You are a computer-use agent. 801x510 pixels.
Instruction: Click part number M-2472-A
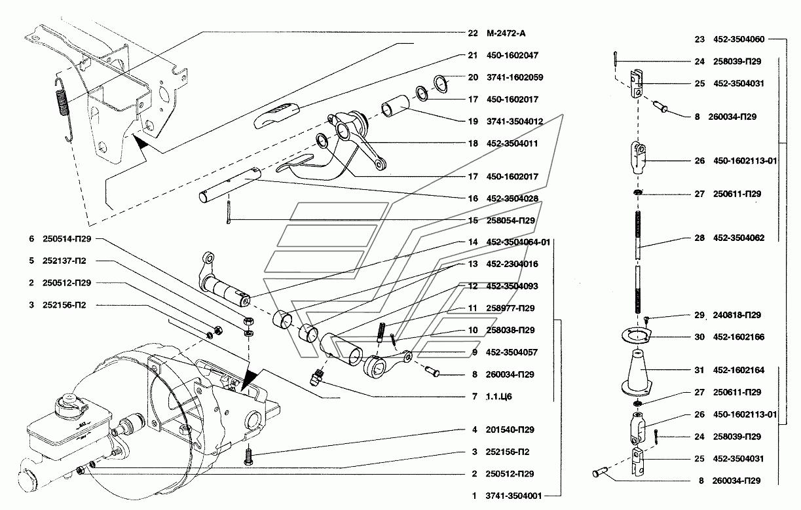coord(506,33)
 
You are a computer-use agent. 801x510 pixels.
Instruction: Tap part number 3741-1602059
coord(515,77)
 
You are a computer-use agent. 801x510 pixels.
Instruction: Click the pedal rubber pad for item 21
coord(274,115)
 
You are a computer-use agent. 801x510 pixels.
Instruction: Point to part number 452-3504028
coord(512,198)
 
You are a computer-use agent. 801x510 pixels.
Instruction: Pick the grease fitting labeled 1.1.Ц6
coord(317,377)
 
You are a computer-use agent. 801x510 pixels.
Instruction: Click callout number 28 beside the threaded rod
coord(699,238)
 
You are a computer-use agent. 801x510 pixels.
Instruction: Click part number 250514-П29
coord(67,239)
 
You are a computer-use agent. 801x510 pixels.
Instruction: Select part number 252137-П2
coord(64,261)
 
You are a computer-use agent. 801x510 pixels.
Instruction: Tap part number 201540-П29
coord(510,429)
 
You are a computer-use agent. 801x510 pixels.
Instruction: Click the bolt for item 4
coord(248,458)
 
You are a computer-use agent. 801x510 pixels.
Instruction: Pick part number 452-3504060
coord(739,39)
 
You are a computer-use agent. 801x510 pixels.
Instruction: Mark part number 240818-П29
coord(737,315)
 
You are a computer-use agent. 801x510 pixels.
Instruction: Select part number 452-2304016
coord(512,264)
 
